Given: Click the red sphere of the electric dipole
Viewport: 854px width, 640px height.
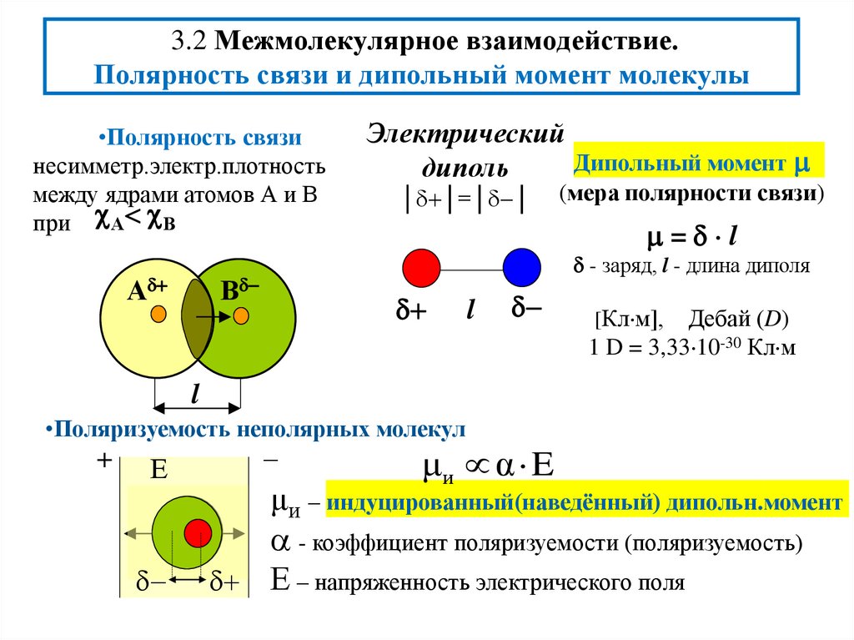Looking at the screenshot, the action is (x=422, y=269).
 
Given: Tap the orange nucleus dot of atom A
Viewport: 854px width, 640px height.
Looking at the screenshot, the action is (x=158, y=315).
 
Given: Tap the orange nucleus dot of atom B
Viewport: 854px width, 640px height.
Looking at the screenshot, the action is (x=241, y=316).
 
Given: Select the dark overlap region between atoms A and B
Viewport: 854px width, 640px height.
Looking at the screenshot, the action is (x=197, y=317).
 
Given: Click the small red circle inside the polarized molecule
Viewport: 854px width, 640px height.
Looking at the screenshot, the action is (x=197, y=532).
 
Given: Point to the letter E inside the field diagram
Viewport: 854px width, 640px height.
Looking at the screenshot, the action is (x=160, y=471).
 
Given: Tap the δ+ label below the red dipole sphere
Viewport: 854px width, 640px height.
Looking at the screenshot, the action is (x=409, y=312).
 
